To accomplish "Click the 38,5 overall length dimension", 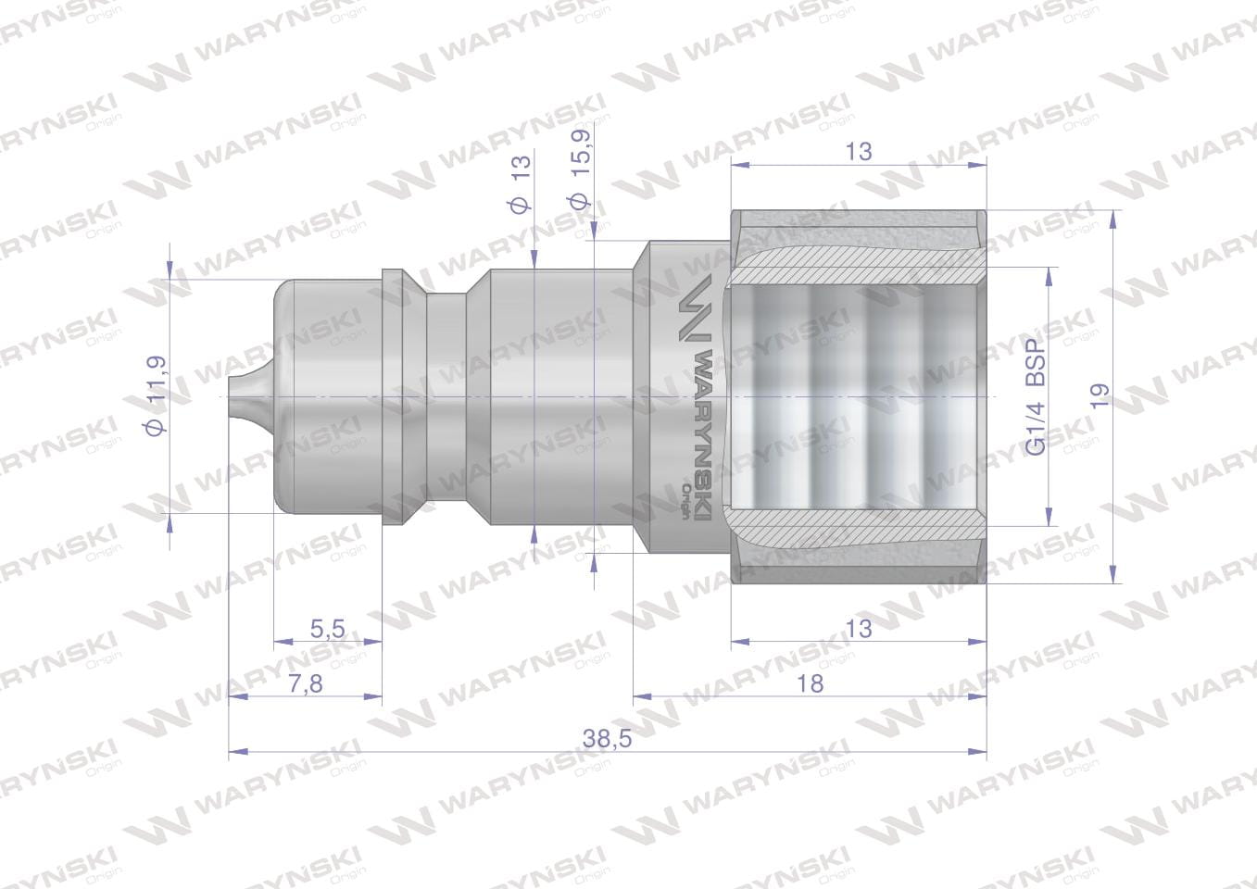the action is pyautogui.click(x=607, y=739).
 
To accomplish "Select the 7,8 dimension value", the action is pyautogui.click(x=307, y=683).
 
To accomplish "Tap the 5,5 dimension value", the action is pyautogui.click(x=327, y=629).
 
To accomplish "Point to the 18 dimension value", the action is pyautogui.click(x=810, y=683).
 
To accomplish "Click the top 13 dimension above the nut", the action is pyautogui.click(x=859, y=152).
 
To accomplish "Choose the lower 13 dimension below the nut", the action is pyautogui.click(x=859, y=629).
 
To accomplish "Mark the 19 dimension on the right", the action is pyautogui.click(x=1100, y=396).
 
